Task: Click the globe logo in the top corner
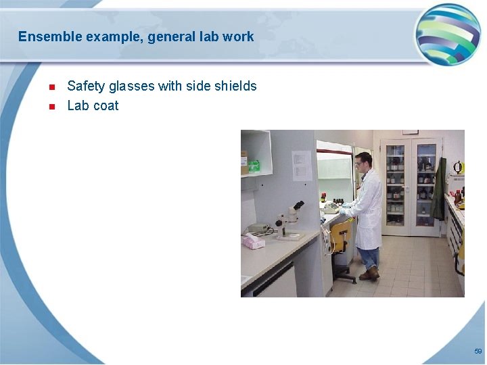coord(447,34)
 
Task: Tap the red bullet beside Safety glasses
coord(51,87)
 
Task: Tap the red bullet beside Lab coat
coord(51,107)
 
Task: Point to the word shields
coord(235,86)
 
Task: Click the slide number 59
coord(478,351)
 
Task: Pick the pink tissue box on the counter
coord(254,241)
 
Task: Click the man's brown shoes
coord(369,274)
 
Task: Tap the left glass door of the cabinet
coord(395,186)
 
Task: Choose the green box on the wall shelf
coord(254,166)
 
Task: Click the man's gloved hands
coord(344,210)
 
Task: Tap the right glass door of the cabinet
coord(425,186)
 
